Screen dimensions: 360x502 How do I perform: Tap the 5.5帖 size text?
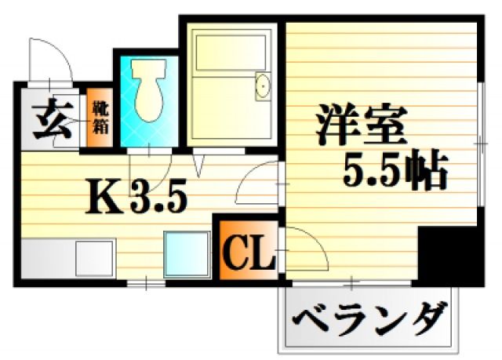coord(395,170)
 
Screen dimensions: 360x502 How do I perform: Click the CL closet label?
coord(249,253)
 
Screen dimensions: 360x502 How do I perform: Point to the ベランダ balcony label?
coord(371,318)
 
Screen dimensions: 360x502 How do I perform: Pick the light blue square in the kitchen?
coord(186,252)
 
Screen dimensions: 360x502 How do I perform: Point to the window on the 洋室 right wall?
coord(478,141)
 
